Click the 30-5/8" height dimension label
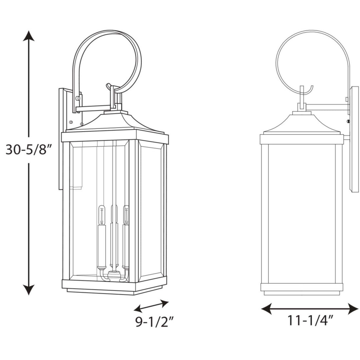30,150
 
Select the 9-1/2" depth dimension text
155,322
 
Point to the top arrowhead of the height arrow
29,35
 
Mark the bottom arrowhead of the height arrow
29,290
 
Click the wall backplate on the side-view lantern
354,138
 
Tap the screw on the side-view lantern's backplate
348,121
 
